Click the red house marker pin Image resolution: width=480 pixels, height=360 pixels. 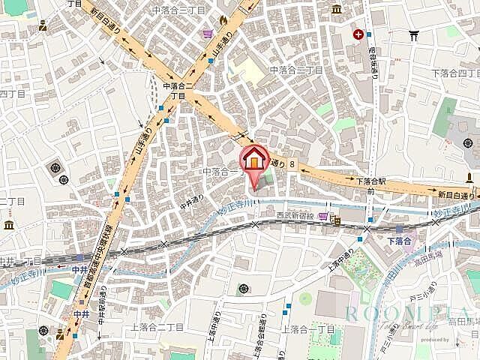pos(253,160)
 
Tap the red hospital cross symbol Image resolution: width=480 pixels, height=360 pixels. pos(360,34)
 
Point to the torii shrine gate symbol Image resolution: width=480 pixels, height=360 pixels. pos(413,34)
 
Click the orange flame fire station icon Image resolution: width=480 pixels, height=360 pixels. pos(223,19)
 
